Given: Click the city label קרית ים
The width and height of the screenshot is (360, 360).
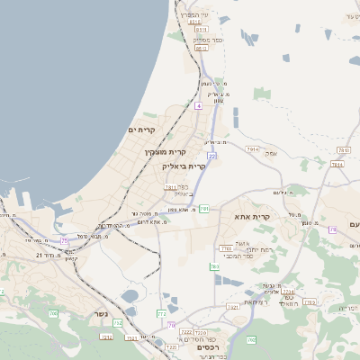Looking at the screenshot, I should tap(142, 131).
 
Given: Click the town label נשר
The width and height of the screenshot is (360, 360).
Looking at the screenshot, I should tap(75, 316).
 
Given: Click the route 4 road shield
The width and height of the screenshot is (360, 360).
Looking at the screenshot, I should tap(197, 105).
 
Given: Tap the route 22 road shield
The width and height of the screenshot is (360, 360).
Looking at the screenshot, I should tap(211, 156).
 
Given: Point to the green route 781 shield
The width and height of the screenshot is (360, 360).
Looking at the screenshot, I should tap(204, 209).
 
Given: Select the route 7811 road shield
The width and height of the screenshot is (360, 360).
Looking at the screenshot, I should tap(170, 188).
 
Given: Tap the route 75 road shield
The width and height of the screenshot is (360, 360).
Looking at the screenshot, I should tap(64, 240).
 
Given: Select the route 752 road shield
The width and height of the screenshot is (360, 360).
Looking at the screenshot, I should tap(107, 337).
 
